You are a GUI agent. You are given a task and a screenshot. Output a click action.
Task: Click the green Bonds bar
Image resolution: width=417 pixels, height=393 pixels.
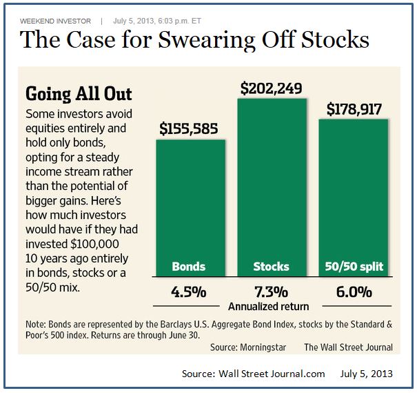tap(190, 200)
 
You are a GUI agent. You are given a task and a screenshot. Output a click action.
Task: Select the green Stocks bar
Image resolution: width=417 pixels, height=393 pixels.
tap(271, 180)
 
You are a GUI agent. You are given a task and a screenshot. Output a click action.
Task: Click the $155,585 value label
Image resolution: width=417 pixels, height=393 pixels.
tap(191, 128)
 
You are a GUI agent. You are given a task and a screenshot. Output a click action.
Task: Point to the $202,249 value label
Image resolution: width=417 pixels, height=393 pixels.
tap(271, 88)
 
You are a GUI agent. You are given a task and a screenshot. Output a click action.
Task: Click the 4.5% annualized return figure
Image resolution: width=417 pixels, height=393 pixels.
tap(190, 291)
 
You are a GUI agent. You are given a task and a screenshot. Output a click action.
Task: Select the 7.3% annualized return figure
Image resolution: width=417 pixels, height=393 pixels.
tap(271, 291)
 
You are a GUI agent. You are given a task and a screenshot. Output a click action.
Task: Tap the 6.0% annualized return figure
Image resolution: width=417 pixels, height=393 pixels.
tap(351, 291)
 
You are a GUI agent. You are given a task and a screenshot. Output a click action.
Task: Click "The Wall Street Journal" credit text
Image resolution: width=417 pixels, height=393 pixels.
tap(348, 347)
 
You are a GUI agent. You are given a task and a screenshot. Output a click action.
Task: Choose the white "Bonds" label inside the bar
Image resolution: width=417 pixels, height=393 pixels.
tap(189, 267)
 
